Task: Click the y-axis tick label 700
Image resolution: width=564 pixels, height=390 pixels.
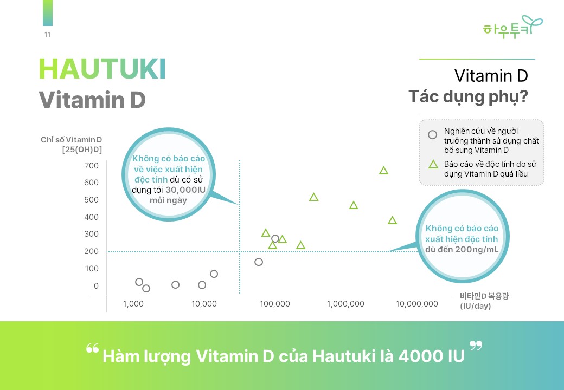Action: pos(91,166)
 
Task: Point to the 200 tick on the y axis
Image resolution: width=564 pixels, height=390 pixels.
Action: pos(91,251)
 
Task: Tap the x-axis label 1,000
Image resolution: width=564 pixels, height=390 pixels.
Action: pos(133,304)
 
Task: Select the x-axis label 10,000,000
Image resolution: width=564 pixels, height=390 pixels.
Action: pos(417,304)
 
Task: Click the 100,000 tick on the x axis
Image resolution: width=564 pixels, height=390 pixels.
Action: pos(275,304)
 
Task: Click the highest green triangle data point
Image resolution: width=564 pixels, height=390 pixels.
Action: pos(384,171)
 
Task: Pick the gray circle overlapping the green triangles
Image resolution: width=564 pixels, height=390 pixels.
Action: pos(275,238)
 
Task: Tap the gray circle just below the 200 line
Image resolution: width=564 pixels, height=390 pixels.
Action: pos(259,262)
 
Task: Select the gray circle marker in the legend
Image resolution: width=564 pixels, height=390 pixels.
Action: pos(432,135)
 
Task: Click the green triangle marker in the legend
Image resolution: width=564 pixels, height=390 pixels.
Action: pos(433,165)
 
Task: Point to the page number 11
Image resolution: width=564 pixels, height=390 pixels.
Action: pos(48,35)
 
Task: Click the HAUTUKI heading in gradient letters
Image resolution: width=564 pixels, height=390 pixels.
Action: pos(102,69)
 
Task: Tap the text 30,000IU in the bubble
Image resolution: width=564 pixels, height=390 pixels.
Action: pos(185,190)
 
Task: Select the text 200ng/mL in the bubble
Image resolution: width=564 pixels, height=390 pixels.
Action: pos(477,249)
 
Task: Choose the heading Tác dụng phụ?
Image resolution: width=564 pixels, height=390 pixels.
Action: pos(469,96)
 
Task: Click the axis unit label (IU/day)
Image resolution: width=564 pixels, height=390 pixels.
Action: pos(475,306)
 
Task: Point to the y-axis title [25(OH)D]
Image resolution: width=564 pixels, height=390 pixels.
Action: pos(82,149)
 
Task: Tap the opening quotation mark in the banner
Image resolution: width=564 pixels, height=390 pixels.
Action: pos(92,348)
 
